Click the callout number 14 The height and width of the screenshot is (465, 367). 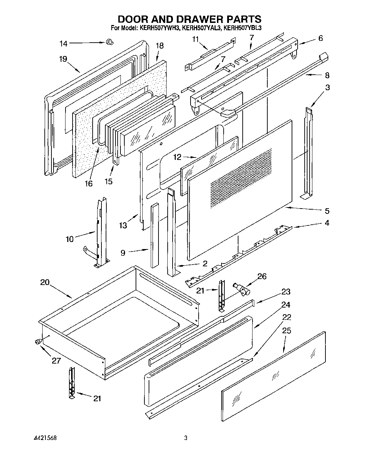pyautogui.click(x=63, y=44)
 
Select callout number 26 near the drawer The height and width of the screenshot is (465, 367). pyautogui.click(x=262, y=276)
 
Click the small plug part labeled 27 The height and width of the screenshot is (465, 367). pyautogui.click(x=38, y=341)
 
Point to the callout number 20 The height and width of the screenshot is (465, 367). pyautogui.click(x=45, y=282)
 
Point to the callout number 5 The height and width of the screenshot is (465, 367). pyautogui.click(x=327, y=211)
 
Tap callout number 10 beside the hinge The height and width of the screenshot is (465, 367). pyautogui.click(x=70, y=239)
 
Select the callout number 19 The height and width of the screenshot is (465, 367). pyautogui.click(x=63, y=59)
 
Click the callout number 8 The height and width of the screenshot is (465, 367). pyautogui.click(x=327, y=75)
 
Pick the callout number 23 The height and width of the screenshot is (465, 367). pyautogui.click(x=286, y=292)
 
